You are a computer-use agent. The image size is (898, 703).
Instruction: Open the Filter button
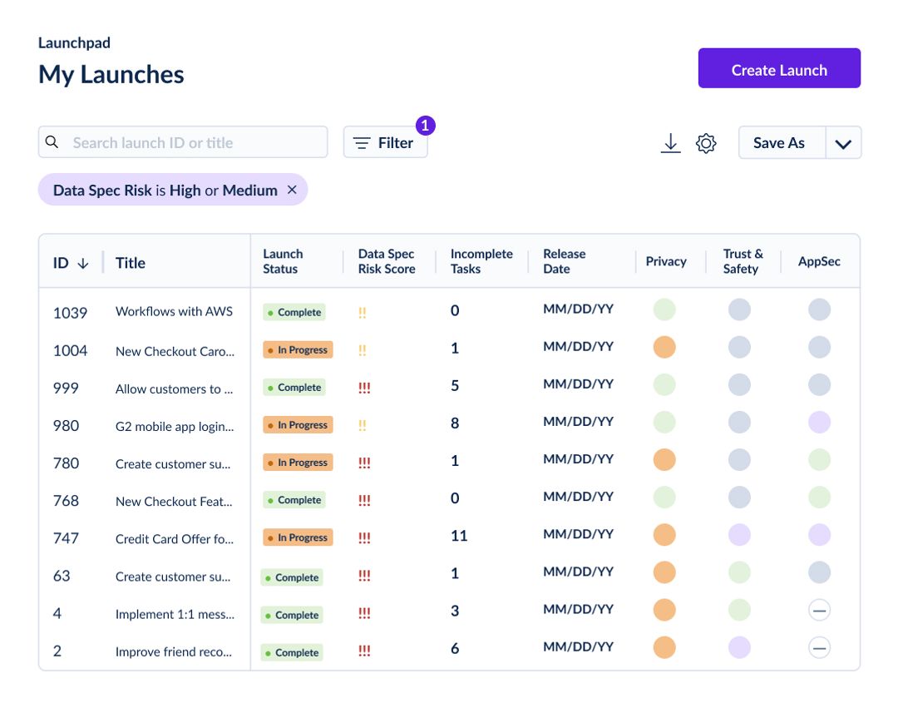click(x=385, y=143)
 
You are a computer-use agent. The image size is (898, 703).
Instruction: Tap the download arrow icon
click(x=670, y=143)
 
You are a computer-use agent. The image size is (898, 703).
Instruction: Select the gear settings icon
click(x=706, y=143)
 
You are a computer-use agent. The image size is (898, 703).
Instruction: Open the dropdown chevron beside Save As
click(x=843, y=143)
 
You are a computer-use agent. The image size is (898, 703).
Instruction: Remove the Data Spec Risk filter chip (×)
click(x=292, y=190)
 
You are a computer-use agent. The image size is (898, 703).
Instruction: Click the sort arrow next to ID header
click(x=83, y=263)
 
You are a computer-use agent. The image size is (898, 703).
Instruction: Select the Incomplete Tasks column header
click(x=481, y=261)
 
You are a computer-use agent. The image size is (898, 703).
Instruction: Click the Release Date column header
click(x=564, y=261)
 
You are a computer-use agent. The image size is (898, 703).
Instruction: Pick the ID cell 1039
click(x=70, y=313)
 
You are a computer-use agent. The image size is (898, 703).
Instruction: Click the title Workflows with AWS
click(x=174, y=312)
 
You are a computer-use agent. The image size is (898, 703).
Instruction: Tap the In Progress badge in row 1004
click(x=298, y=350)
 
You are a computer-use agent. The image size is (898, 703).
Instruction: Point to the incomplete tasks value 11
click(x=459, y=536)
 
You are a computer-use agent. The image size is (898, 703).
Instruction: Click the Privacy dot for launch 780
click(x=664, y=460)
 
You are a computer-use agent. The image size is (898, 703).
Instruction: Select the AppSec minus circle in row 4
click(x=819, y=611)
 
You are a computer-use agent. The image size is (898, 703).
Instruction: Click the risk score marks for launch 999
click(x=363, y=388)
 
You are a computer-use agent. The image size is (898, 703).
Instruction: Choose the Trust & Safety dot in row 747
click(x=739, y=535)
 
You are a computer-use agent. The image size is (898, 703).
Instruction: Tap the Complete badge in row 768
click(x=294, y=500)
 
